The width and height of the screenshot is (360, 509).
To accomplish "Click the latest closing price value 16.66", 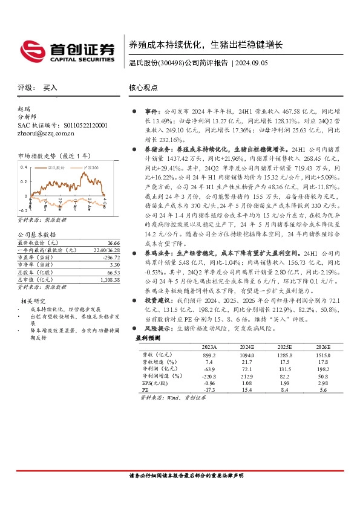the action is (108, 240).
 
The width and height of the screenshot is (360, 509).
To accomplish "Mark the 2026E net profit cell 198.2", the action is (324, 369).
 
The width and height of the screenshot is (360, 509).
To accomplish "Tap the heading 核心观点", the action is (143, 88).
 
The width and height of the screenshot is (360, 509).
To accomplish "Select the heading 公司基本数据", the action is (36, 233).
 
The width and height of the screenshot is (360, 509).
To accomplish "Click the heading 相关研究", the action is (33, 301).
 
